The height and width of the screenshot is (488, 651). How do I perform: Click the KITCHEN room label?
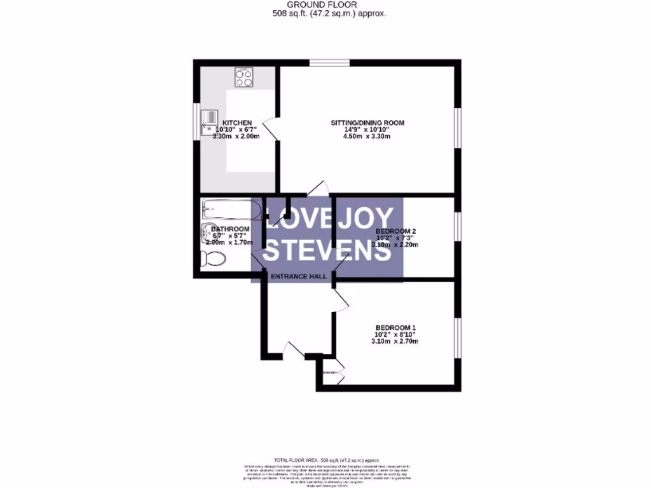point(237,123)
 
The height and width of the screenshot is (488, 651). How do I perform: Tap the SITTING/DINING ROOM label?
point(367,123)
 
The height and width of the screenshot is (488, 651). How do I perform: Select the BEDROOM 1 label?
point(394,328)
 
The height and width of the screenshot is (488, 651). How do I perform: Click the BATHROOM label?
point(230,229)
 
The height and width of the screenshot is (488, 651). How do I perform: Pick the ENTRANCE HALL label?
point(298,276)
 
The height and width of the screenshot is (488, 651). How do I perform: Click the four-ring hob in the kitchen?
point(243,78)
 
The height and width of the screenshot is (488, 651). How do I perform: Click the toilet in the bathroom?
point(212,259)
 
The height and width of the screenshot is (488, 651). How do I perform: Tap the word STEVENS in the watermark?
point(327,250)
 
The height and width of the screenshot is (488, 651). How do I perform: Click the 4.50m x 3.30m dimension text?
point(367,137)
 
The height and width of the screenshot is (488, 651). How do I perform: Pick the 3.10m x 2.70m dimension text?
point(394,341)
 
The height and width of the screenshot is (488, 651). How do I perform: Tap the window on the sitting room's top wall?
point(329,62)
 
